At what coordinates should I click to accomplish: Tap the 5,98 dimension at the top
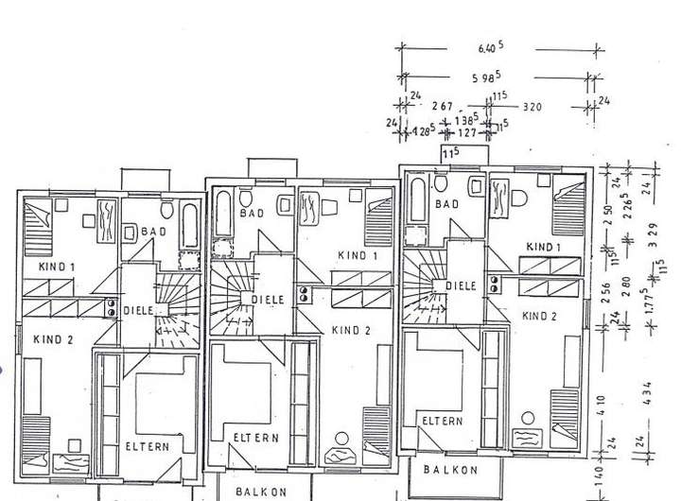click(x=489, y=78)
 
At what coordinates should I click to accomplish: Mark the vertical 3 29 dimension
click(x=650, y=233)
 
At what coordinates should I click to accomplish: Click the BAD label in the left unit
click(x=153, y=231)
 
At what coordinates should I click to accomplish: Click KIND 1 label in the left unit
click(x=57, y=268)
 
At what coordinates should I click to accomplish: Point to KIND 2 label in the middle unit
click(x=352, y=330)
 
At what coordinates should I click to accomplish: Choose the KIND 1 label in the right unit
click(x=545, y=247)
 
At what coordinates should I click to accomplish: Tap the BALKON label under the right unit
click(x=450, y=470)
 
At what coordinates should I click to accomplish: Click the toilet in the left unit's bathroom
click(x=166, y=210)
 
